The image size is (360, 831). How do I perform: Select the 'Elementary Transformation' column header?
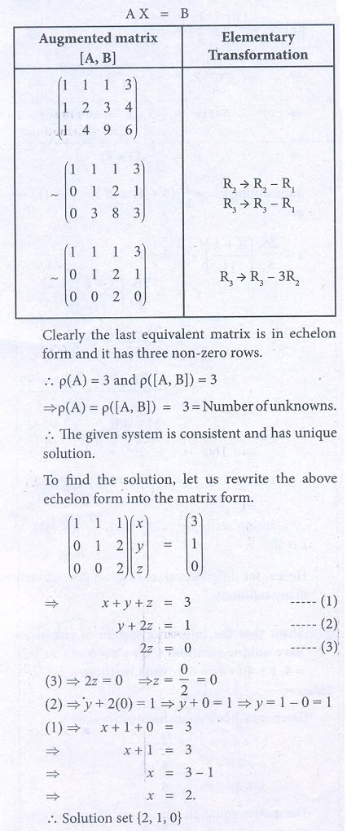point(258,46)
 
